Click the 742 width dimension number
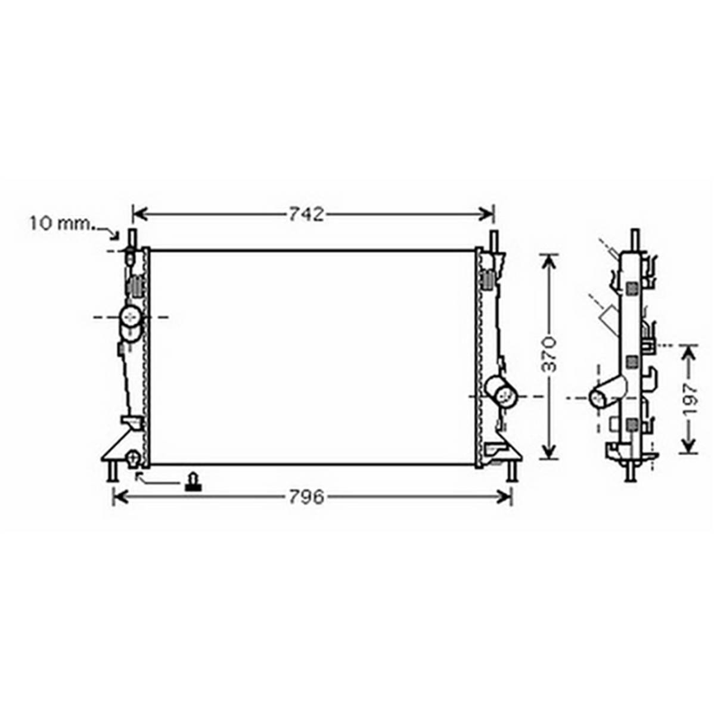pos(306,214)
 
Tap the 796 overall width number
pos(306,497)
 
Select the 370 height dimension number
pos(550,355)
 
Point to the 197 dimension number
pos(690,399)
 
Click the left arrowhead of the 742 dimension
pos(139,213)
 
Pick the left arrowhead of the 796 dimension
pos(120,497)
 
